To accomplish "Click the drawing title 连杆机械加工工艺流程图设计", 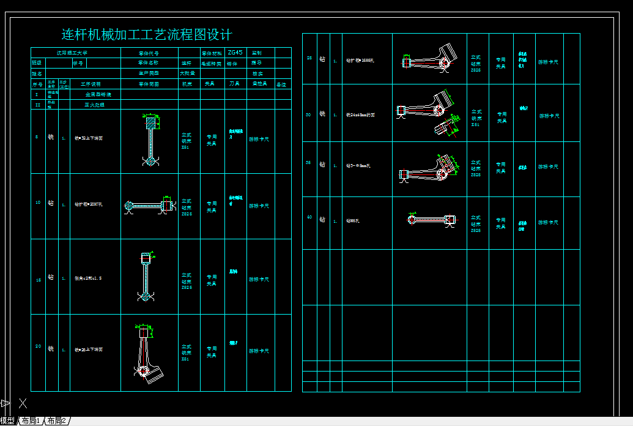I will click(147, 35).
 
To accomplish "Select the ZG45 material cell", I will click(235, 53).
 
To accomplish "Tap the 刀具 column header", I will click(234, 84).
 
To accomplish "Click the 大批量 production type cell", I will click(188, 73).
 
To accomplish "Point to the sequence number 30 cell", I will click(309, 114).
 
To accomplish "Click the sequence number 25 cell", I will click(309, 58).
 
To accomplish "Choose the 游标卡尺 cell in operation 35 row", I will click(548, 166).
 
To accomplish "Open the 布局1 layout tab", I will click(31, 421).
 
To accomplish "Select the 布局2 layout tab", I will click(57, 421).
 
